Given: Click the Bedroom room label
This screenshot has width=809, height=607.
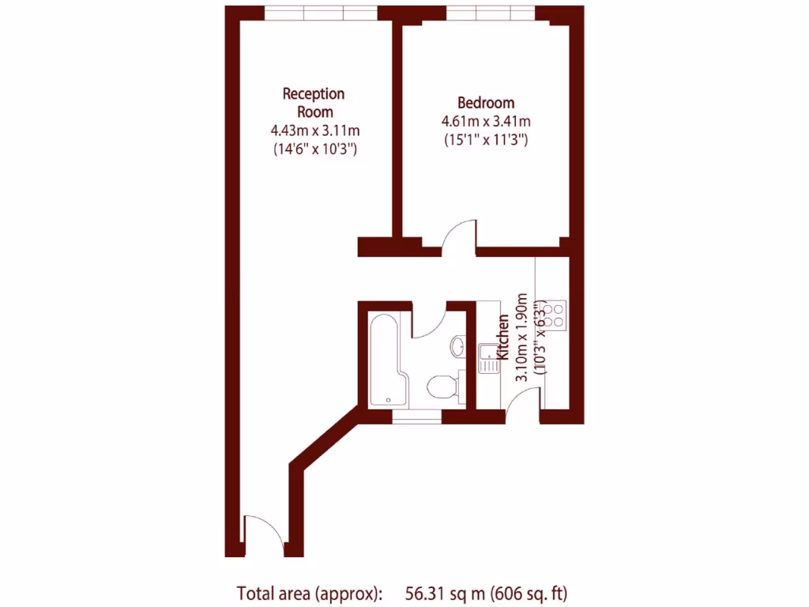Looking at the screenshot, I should point(486,103).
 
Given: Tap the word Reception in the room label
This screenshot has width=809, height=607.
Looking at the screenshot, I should point(314,94).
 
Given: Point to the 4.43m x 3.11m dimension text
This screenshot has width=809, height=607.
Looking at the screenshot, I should point(314,130).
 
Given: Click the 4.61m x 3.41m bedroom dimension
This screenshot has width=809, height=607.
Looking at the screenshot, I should point(486,122).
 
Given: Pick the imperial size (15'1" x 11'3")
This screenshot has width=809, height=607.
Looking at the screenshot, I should point(486,140).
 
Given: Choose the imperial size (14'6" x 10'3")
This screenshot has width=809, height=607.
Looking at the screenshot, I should point(314,149).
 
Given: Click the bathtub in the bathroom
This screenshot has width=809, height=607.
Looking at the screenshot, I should point(386,360).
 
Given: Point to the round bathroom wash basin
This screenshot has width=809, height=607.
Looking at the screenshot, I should point(458,345).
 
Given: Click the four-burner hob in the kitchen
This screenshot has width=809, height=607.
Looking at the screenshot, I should point(555,313).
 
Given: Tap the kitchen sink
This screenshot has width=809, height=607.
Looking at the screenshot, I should point(487,352).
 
